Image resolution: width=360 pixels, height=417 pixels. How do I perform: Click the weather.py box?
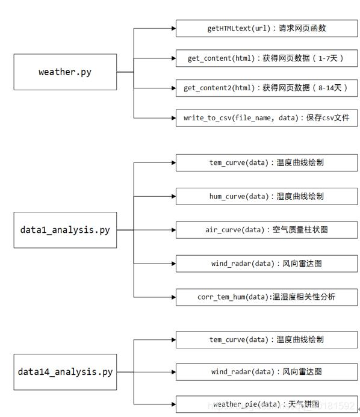tap(65, 72)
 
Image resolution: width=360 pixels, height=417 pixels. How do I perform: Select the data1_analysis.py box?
tap(65, 229)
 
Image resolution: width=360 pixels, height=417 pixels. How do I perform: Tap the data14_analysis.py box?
tap(65, 372)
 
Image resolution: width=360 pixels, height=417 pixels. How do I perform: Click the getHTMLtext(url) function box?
tap(266, 28)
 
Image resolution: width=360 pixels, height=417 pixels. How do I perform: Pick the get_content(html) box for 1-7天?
tap(266, 58)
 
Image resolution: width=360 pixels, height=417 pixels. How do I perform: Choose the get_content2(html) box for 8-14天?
tap(266, 88)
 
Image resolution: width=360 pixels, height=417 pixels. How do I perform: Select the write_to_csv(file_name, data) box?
tap(266, 118)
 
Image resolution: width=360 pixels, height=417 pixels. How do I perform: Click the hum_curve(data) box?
tap(266, 196)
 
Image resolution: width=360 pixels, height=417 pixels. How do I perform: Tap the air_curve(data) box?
tap(266, 230)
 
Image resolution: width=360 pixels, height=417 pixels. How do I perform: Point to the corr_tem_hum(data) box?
tap(266, 297)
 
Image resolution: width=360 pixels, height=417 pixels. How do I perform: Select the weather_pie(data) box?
tap(266, 404)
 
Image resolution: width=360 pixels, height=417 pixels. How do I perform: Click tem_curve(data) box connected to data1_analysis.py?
tap(266, 162)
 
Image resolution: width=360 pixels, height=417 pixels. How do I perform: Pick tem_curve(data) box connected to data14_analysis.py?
tap(266, 340)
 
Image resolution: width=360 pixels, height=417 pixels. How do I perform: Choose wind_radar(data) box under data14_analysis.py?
tap(266, 372)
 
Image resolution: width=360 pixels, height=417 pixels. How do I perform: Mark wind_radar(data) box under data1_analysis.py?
tap(266, 264)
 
